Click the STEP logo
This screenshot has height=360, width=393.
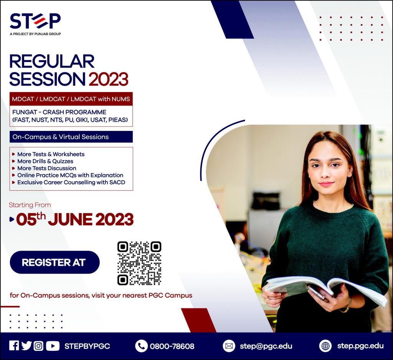pyautogui.click(x=35, y=23)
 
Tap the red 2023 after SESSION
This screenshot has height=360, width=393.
pyautogui.click(x=108, y=79)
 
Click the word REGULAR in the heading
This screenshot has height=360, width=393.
pyautogui.click(x=52, y=61)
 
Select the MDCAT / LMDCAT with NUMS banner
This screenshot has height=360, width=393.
pyautogui.click(x=71, y=99)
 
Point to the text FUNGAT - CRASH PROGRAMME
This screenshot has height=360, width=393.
pyautogui.click(x=59, y=112)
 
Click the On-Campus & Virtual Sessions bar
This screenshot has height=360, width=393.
pyautogui.click(x=71, y=137)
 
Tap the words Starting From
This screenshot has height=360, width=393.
pyautogui.click(x=30, y=205)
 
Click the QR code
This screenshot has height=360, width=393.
pyautogui.click(x=139, y=264)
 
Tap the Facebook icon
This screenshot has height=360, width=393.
pyautogui.click(x=14, y=346)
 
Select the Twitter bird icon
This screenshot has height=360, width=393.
pyautogui.click(x=26, y=346)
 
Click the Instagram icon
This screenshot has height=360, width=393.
pyautogui.click(x=38, y=346)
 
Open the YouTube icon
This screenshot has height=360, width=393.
pyautogui.click(x=53, y=346)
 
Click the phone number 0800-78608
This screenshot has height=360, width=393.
pyautogui.click(x=172, y=346)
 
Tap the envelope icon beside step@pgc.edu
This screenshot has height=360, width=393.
pyautogui.click(x=229, y=346)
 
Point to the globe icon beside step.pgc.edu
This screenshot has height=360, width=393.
pyautogui.click(x=325, y=346)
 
